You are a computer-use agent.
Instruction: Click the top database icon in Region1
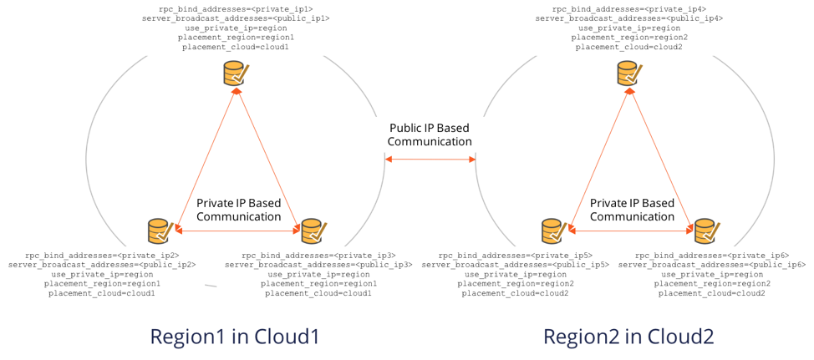point(235,74)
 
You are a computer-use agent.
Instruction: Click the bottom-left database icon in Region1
point(160,230)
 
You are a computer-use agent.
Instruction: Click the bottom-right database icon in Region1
point(313,230)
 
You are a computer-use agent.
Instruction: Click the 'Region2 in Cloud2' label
point(628,337)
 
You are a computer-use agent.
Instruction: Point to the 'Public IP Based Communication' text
point(430,135)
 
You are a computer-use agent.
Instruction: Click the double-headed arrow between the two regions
point(430,159)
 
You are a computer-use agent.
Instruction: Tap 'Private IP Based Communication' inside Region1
point(238,210)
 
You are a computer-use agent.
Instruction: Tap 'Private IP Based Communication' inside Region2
point(632,210)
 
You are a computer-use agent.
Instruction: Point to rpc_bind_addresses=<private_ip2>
point(102,254)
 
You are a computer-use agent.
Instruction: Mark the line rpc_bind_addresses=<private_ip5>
point(515,254)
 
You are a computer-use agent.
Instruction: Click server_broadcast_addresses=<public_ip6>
point(712,264)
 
